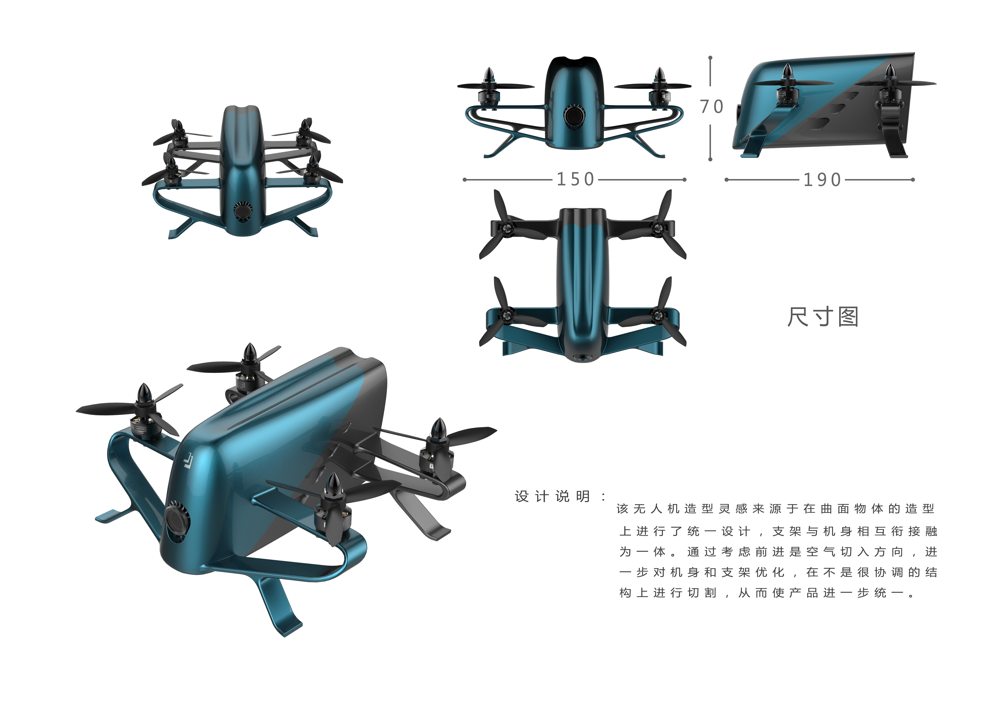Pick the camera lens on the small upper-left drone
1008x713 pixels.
coord(242,212)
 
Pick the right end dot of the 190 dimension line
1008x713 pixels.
coord(913,179)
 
